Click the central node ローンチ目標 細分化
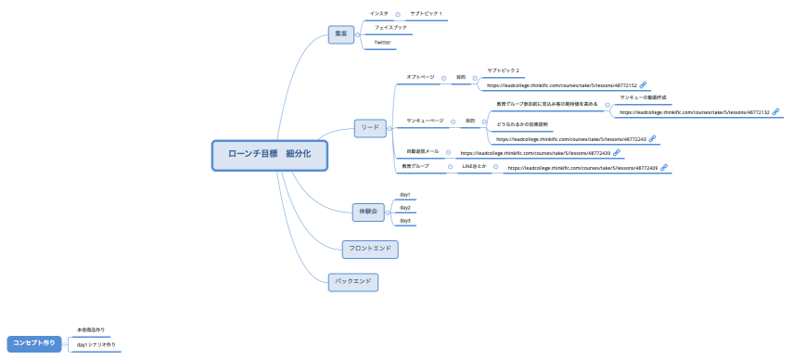click(269, 155)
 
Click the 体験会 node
click(366, 211)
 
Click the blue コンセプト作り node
click(33, 343)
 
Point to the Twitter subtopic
click(382, 43)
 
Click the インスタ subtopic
click(378, 14)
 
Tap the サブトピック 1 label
click(426, 14)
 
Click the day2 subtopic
click(404, 208)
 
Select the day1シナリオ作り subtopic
click(96, 344)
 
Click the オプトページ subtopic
click(420, 77)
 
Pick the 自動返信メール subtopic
click(423, 151)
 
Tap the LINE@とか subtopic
click(474, 166)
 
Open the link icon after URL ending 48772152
click(644, 85)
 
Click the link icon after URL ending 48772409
click(664, 168)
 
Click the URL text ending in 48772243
click(571, 139)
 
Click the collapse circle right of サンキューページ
click(453, 121)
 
